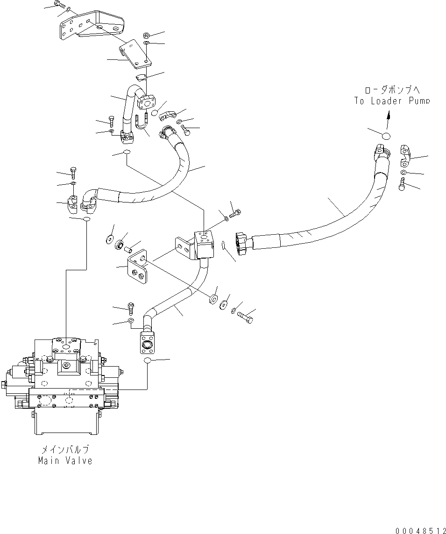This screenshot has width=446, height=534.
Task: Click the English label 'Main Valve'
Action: [x=65, y=461]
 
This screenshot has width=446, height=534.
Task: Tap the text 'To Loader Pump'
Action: [x=391, y=101]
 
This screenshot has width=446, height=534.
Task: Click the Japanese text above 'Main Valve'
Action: [x=65, y=450]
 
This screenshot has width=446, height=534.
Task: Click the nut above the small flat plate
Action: [x=146, y=36]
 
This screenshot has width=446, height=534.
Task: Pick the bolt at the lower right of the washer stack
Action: [x=246, y=318]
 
